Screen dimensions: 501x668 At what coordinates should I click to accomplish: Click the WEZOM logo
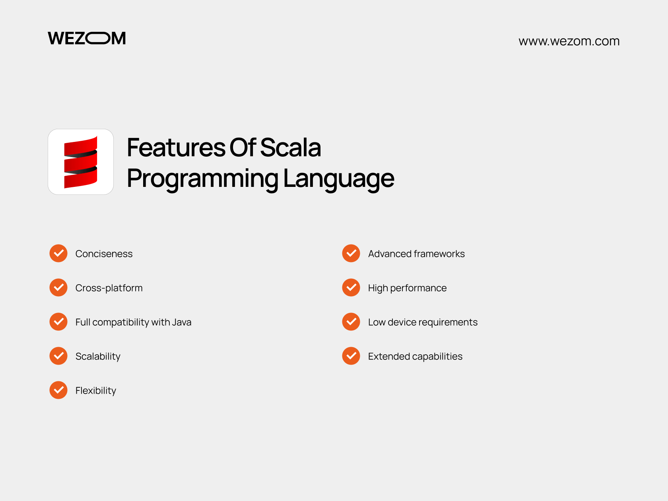[87, 38]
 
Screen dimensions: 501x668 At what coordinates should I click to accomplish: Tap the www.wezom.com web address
[569, 41]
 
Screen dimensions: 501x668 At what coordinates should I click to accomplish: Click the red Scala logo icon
[81, 162]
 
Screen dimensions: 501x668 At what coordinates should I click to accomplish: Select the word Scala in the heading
[290, 148]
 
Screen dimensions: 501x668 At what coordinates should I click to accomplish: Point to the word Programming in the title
[202, 179]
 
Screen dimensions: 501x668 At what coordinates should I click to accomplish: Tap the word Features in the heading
[176, 148]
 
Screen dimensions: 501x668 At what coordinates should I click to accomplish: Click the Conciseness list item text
[104, 254]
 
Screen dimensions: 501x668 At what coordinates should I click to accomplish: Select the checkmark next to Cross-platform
[58, 287]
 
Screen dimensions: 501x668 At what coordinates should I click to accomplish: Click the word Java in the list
[182, 322]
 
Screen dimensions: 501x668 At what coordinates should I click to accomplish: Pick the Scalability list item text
[98, 356]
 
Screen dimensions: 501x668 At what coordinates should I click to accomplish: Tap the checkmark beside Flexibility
[58, 390]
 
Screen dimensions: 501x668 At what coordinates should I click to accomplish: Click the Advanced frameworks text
[416, 254]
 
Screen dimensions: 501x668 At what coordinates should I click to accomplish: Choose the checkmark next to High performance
[351, 287]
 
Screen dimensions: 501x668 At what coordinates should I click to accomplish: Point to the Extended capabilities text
[415, 356]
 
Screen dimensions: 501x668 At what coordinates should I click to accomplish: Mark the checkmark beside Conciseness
[58, 253]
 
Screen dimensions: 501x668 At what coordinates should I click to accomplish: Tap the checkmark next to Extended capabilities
[351, 356]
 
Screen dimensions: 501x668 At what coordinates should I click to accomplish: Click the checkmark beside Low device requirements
[351, 322]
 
